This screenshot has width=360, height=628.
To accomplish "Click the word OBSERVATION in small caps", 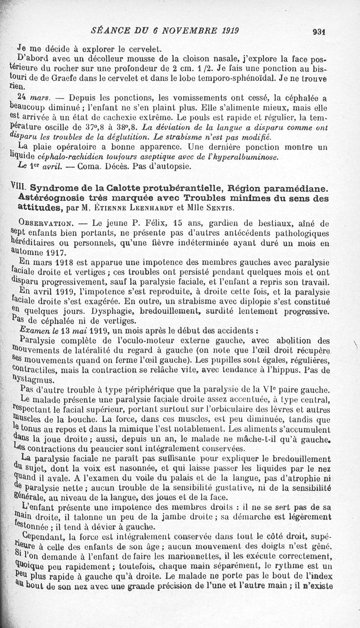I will tap(44, 223).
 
